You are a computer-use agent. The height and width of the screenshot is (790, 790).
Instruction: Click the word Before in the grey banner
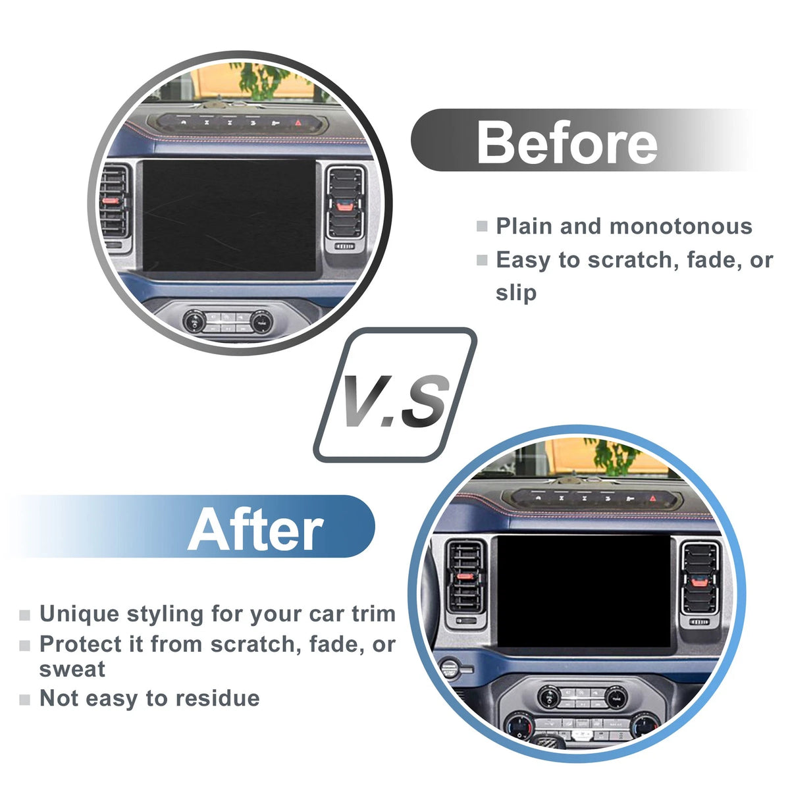pyautogui.click(x=567, y=142)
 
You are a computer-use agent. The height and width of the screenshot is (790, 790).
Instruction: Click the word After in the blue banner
pyautogui.click(x=255, y=530)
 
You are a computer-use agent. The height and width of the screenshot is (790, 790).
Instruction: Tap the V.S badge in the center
pyautogui.click(x=395, y=395)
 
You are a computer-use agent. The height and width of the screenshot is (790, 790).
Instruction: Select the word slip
pyautogui.click(x=516, y=293)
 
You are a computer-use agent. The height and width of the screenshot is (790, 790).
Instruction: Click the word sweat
pyautogui.click(x=72, y=670)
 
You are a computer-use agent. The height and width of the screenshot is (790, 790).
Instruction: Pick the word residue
pyautogui.click(x=218, y=698)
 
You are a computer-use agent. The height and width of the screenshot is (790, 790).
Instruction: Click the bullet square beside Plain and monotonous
pyautogui.click(x=482, y=226)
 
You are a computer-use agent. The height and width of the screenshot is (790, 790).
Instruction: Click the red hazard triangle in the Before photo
pyautogui.click(x=298, y=122)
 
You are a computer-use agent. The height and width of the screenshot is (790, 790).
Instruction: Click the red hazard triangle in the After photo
pyautogui.click(x=653, y=498)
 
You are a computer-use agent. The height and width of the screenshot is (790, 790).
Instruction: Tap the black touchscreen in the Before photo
pyautogui.click(x=229, y=215)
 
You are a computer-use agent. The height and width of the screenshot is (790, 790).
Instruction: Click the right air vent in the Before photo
pyautogui.click(x=346, y=203)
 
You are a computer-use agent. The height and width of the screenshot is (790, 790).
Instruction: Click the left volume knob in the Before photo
pyautogui.click(x=195, y=321)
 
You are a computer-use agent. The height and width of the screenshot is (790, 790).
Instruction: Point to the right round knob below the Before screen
pyautogui.click(x=261, y=322)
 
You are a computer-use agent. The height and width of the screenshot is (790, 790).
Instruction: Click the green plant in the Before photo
pyautogui.click(x=263, y=80)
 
